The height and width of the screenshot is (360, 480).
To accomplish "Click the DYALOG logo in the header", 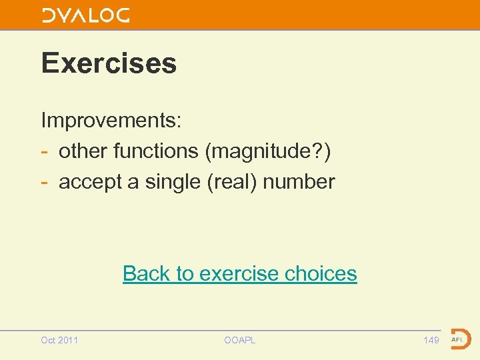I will [x=86, y=15].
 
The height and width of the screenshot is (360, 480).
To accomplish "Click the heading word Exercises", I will [x=109, y=63].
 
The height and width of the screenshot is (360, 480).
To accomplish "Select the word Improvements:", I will [x=111, y=121].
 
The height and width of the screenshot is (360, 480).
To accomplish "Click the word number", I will [x=299, y=181].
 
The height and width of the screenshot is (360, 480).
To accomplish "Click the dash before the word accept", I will [x=45, y=182].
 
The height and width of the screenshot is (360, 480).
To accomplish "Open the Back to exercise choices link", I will [x=240, y=273].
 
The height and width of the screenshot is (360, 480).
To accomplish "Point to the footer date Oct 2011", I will [x=59, y=340].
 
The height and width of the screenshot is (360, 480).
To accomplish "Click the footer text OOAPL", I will [x=240, y=340].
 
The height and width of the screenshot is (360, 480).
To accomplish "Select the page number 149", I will [x=431, y=340].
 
